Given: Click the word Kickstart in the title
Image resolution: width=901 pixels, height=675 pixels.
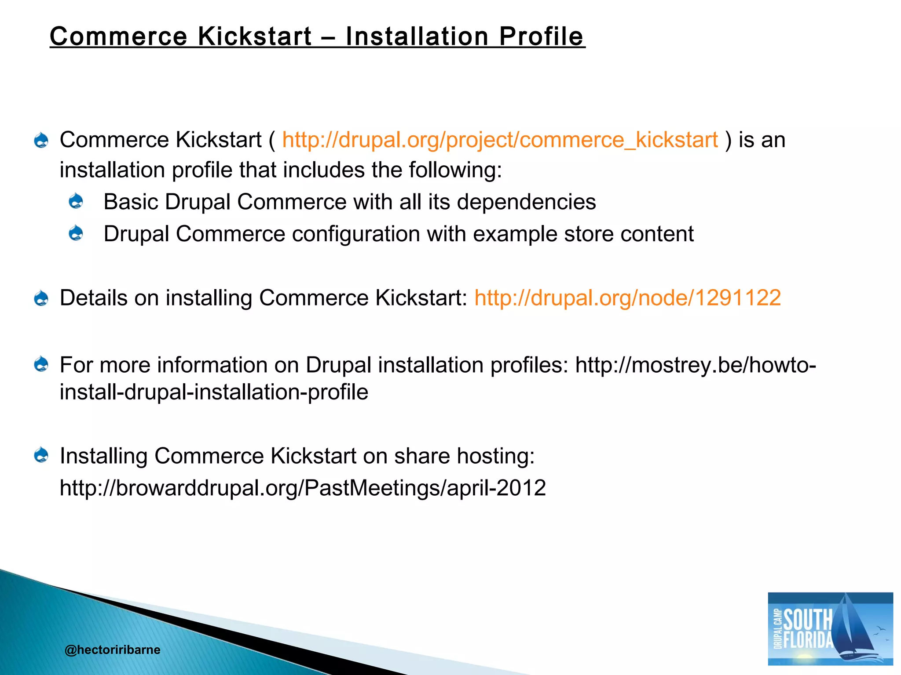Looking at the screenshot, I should point(255,36).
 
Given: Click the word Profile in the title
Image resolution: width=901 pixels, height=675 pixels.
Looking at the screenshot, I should point(541,36).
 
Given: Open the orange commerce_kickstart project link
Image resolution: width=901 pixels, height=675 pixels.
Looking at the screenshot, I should point(500,140).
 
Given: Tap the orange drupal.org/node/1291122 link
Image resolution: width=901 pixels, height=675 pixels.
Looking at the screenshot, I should point(627,298).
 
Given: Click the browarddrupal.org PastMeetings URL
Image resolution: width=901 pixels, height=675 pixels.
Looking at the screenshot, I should point(303,488).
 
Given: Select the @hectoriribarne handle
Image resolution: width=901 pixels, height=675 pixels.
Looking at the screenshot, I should point(112,650).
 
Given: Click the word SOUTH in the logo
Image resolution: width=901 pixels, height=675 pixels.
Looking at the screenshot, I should point(808,619).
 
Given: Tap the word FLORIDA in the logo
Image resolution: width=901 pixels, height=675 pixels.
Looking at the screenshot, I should point(808,640).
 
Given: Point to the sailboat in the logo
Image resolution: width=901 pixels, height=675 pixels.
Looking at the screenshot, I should point(851,628).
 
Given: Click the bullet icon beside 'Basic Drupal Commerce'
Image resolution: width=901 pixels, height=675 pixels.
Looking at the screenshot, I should point(76,202).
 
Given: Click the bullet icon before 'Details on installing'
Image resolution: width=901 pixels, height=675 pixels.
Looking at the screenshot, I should point(41,298).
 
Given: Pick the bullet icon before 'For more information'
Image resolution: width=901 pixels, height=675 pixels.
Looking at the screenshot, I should point(41,364).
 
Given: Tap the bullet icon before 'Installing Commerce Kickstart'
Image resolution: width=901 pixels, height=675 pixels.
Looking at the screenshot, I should point(41,455).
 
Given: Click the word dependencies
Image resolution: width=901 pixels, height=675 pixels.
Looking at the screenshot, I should point(526,202).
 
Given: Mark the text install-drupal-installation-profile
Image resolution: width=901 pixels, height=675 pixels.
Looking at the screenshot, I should point(214,392).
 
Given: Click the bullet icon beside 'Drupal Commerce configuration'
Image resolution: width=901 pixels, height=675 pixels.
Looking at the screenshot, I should point(76,233).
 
